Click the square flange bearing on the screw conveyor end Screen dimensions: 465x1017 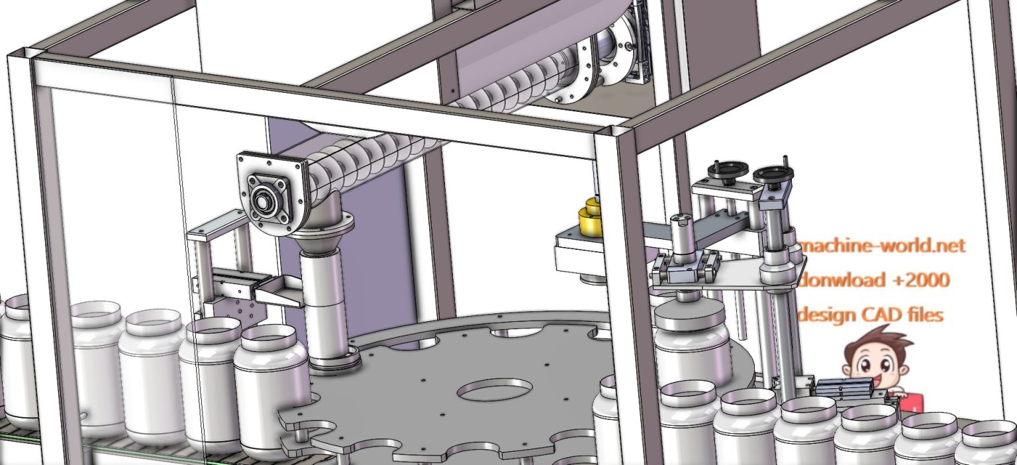pos(266,195)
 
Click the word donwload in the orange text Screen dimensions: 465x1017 pos(841,280)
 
